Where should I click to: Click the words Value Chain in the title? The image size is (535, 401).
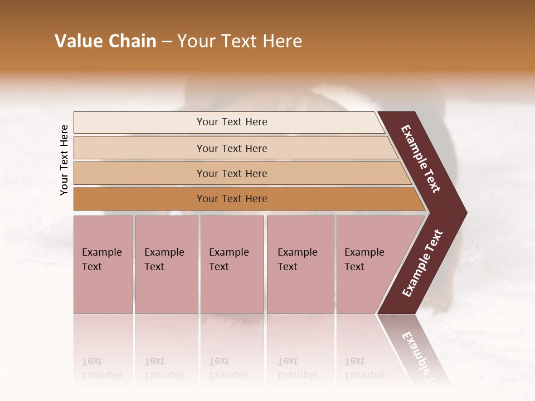pyautogui.click(x=105, y=41)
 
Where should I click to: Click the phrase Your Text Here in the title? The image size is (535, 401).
pyautogui.click(x=240, y=41)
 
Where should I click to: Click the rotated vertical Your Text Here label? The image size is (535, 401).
pyautogui.click(x=64, y=160)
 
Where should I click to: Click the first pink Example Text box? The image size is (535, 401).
pyautogui.click(x=103, y=265)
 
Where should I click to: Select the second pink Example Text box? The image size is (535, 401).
pyautogui.click(x=167, y=265)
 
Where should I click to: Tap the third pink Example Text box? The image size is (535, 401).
pyautogui.click(x=232, y=265)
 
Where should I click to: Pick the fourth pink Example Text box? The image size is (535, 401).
pyautogui.click(x=300, y=265)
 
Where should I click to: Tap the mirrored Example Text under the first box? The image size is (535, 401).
pyautogui.click(x=101, y=368)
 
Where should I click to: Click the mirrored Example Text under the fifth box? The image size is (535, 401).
pyautogui.click(x=364, y=368)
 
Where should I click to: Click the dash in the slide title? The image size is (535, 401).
pyautogui.click(x=167, y=42)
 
